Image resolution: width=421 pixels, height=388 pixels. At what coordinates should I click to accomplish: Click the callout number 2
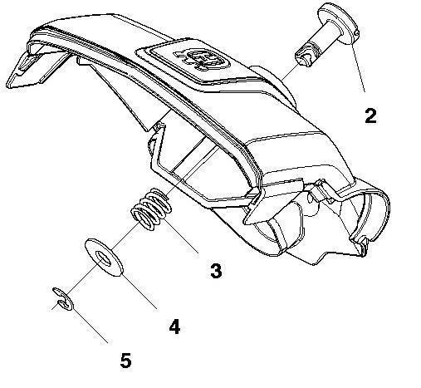(x=370, y=115)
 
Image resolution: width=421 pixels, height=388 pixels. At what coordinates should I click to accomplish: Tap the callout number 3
(x=216, y=271)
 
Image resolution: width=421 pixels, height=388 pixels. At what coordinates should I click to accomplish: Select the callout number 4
(x=174, y=327)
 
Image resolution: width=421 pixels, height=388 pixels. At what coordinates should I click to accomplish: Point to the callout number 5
(x=125, y=361)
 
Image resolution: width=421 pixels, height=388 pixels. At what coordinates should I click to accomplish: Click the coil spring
(x=150, y=209)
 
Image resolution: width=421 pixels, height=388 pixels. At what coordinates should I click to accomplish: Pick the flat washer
(x=104, y=257)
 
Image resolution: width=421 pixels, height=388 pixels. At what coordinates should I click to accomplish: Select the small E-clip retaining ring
(x=63, y=298)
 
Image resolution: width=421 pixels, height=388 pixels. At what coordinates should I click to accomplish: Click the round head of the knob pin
(x=338, y=23)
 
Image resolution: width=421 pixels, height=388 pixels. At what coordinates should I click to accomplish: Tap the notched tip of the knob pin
(x=303, y=56)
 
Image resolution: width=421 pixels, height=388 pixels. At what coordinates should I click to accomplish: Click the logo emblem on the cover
(x=201, y=59)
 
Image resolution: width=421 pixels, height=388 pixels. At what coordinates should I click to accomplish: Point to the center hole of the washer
(x=104, y=258)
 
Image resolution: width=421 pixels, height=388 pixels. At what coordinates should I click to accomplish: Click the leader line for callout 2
(x=358, y=66)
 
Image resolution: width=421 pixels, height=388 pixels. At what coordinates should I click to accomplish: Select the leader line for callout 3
(x=182, y=234)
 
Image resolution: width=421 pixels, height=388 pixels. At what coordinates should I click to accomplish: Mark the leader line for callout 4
(x=140, y=291)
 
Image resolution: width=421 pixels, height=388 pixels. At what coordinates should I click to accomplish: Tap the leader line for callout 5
(x=91, y=326)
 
